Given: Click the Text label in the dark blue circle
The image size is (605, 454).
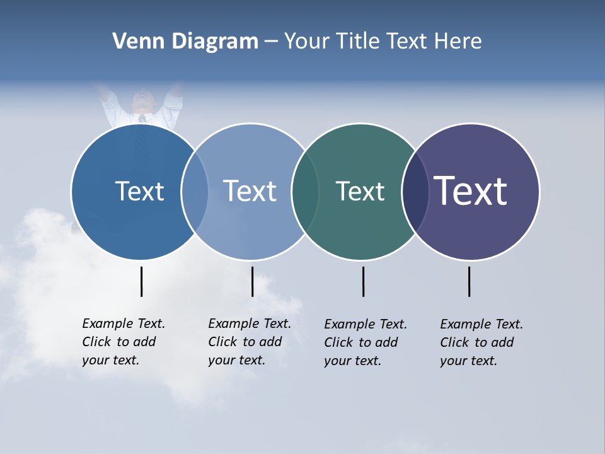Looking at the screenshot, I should (x=139, y=191).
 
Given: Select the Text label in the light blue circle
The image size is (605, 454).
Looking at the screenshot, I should (x=250, y=191).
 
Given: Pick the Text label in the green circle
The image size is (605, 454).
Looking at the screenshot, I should (x=360, y=191).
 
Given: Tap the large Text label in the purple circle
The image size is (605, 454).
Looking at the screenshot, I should (x=470, y=190).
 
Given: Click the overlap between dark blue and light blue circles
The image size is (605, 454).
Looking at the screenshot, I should (x=195, y=192).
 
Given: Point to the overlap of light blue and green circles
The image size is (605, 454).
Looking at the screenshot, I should (x=305, y=192).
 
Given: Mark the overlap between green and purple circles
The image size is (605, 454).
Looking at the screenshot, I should (x=415, y=192).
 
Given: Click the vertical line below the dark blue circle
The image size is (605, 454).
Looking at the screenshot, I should (x=141, y=281).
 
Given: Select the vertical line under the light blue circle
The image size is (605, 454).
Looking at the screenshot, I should (x=252, y=281).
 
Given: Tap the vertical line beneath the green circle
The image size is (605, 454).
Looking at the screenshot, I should (x=363, y=281).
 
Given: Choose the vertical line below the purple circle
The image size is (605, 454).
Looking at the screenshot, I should (x=469, y=281).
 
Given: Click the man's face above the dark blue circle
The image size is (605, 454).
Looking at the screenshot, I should (x=142, y=102).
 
